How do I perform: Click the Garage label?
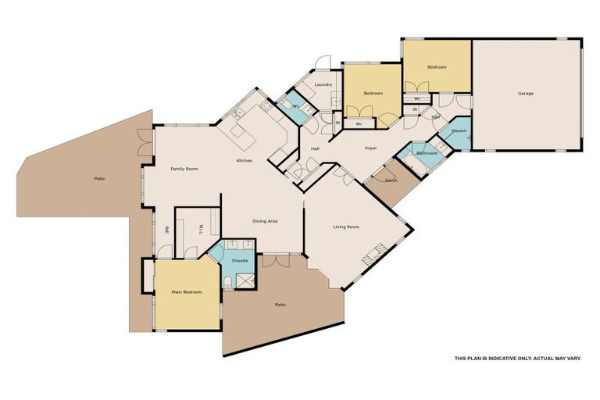pyautogui.click(x=526, y=94)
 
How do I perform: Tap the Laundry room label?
pyautogui.click(x=323, y=84)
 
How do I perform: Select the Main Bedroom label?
pyautogui.click(x=187, y=292)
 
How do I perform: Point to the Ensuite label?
pyautogui.click(x=240, y=260)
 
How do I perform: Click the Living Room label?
pyautogui.click(x=346, y=227)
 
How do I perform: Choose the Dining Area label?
pyautogui.click(x=265, y=221)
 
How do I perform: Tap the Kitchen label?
pyautogui.click(x=245, y=161)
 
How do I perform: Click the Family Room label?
pyautogui.click(x=185, y=169)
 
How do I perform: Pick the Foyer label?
pyautogui.click(x=371, y=148)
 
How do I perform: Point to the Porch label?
pyautogui.click(x=391, y=180)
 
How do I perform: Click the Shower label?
pyautogui.click(x=459, y=130)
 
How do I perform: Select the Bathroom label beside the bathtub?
pyautogui.click(x=427, y=153)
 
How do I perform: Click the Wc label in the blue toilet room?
pyautogui.click(x=296, y=105)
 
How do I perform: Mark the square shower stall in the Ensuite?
pyautogui.click(x=245, y=280)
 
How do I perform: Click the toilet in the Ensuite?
pyautogui.click(x=227, y=282)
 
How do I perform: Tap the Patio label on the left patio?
pyautogui.click(x=99, y=179)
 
